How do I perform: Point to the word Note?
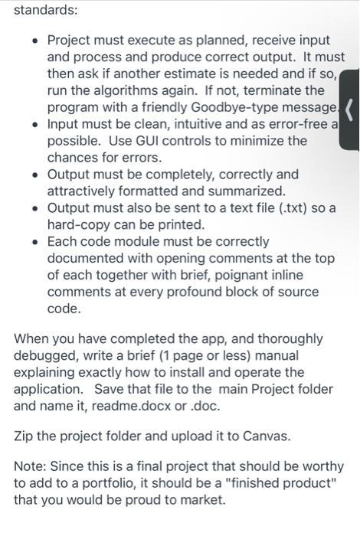click(31, 466)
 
